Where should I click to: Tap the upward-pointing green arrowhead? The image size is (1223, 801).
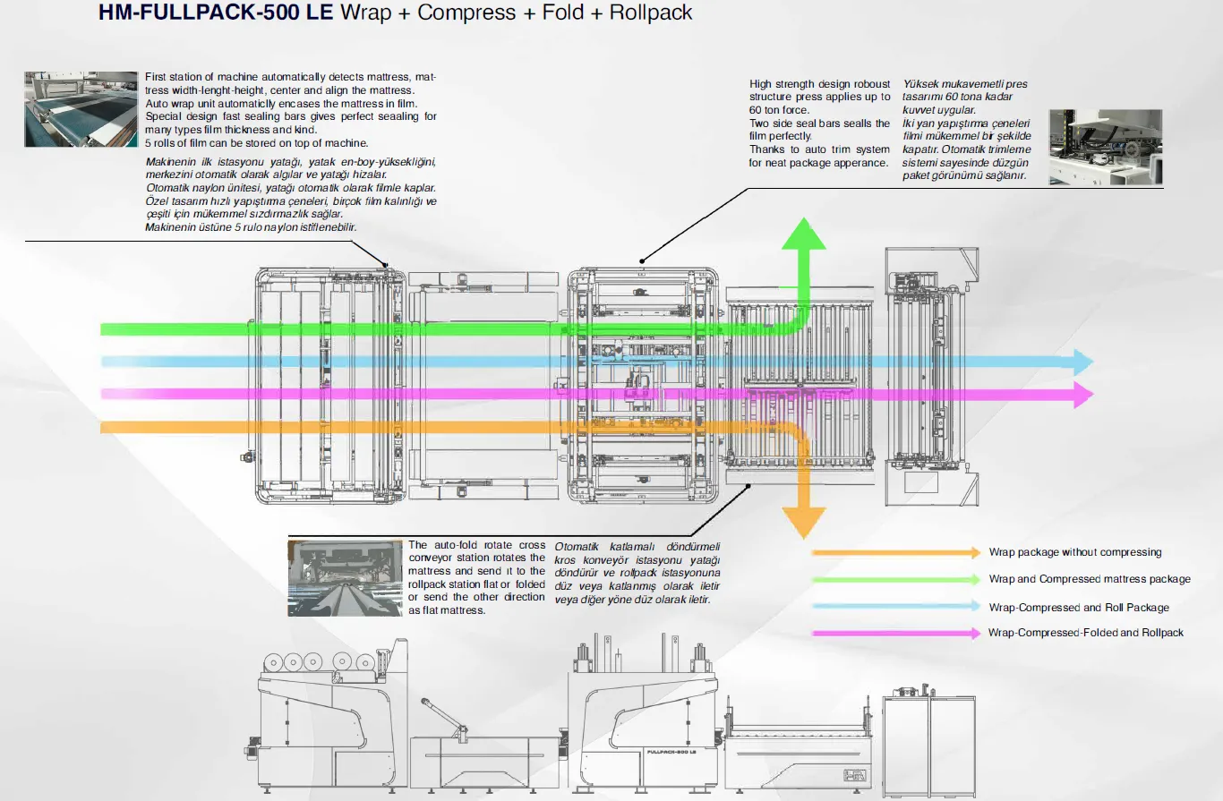(x=804, y=234)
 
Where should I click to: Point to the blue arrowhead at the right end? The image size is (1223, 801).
(x=1083, y=362)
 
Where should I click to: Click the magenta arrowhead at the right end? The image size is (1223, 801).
(x=1083, y=394)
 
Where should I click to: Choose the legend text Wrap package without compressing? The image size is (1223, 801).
(x=1074, y=552)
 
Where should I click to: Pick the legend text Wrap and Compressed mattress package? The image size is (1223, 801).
(x=1090, y=579)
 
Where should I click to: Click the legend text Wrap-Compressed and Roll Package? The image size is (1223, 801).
(x=1079, y=607)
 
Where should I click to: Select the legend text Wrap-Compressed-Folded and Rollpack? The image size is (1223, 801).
(x=1086, y=633)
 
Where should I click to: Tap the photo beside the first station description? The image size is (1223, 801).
(x=80, y=108)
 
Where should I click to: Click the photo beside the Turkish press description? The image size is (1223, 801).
(x=1105, y=147)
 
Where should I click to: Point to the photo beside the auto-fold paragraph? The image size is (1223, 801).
(x=345, y=577)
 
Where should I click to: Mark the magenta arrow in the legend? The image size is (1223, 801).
(x=895, y=634)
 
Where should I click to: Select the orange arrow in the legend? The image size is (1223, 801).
(x=895, y=553)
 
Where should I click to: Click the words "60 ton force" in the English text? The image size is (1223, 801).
(x=778, y=110)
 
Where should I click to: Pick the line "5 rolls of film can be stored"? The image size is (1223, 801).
(x=256, y=143)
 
